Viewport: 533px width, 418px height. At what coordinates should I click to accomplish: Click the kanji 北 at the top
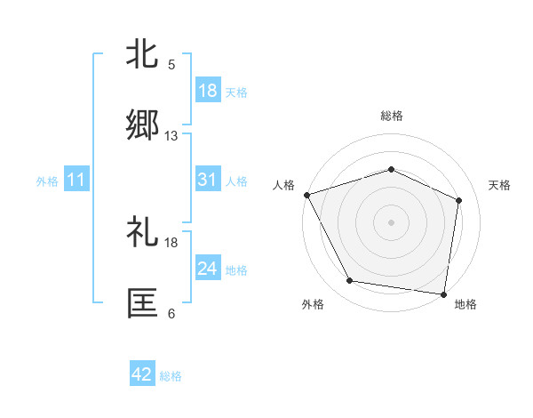[142, 53]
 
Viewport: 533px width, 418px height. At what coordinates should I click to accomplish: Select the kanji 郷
[142, 126]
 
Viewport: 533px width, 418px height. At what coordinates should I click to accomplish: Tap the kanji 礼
[142, 233]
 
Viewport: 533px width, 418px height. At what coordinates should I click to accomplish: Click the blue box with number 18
[208, 91]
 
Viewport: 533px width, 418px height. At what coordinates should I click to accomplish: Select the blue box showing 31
[208, 180]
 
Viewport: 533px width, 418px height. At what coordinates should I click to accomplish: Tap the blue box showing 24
[208, 269]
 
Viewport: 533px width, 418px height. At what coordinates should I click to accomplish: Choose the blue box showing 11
[76, 181]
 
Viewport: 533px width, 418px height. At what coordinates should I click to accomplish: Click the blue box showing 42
[142, 375]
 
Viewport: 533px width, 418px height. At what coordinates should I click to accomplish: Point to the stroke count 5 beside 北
[171, 64]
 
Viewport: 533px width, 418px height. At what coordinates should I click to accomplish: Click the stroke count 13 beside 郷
[171, 136]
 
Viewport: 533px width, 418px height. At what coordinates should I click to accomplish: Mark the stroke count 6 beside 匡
[171, 314]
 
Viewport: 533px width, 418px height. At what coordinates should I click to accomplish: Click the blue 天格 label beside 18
[236, 92]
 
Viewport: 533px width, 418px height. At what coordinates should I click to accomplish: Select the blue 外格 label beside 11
[47, 181]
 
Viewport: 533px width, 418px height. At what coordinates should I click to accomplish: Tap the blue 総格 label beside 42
[171, 376]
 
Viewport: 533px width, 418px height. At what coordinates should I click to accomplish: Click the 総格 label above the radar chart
[391, 116]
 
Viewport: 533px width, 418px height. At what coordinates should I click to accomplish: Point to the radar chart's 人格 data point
[306, 195]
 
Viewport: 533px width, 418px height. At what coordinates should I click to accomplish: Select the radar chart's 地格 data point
[443, 293]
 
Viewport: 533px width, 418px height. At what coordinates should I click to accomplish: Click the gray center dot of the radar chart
[391, 221]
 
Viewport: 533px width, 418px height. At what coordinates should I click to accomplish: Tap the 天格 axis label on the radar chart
[500, 185]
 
